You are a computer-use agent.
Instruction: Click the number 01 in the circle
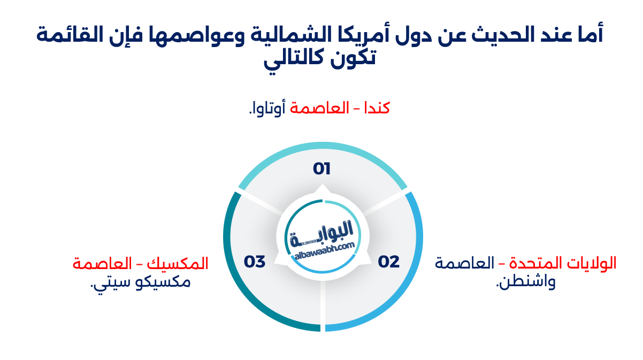point(322,169)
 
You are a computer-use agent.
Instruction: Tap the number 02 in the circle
point(389,262)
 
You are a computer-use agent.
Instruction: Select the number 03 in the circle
point(255,262)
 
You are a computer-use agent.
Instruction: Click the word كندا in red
point(377,108)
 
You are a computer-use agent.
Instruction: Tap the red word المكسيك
point(184,264)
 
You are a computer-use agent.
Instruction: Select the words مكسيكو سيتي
point(141,282)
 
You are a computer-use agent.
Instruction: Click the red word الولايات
point(592,264)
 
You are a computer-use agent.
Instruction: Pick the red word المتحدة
point(535,264)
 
